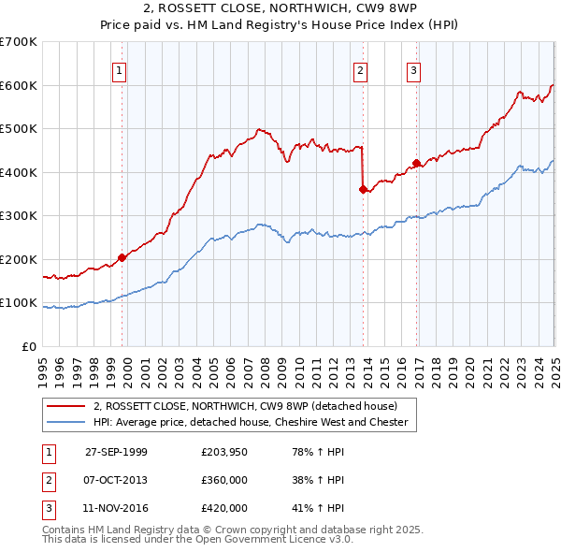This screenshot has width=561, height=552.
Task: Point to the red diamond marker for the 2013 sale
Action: click(362, 189)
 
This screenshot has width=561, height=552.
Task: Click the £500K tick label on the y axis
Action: click(19, 128)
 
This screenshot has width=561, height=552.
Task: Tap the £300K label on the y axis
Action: click(19, 215)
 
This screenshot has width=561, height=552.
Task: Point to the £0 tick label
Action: click(28, 346)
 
